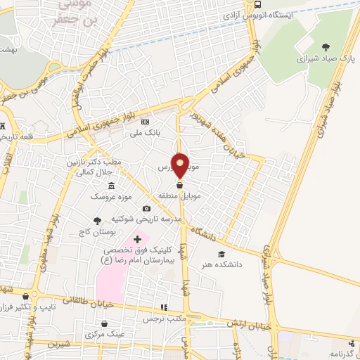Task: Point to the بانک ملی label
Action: pos(148,131)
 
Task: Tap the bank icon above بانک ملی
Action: pos(145,122)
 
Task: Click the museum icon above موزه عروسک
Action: pos(111,186)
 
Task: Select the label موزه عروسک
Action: pos(105,197)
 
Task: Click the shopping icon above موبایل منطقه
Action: pos(180,185)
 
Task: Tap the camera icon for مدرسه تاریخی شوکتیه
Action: pos(146,208)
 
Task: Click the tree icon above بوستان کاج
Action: pos(97,221)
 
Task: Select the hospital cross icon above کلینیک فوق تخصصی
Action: pos(138,240)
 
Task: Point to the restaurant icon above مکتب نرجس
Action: pos(164,307)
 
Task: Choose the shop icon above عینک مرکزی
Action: pos(104,324)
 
